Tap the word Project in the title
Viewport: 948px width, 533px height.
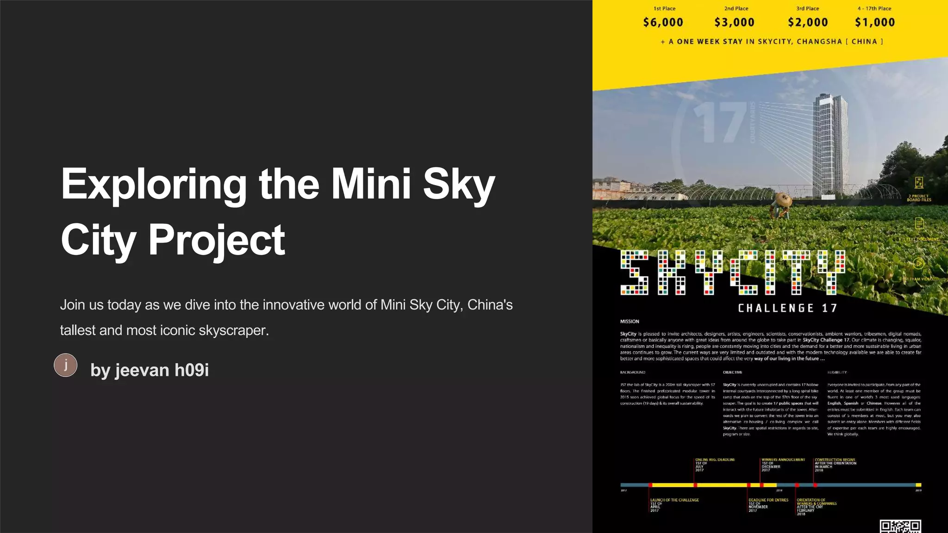pyautogui.click(x=216, y=240)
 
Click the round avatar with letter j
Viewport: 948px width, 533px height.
pyautogui.click(x=66, y=365)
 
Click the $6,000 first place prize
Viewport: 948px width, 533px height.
pyautogui.click(x=663, y=22)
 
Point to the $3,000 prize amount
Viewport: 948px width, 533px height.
pyautogui.click(x=735, y=22)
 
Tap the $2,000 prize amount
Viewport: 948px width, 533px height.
pyautogui.click(x=808, y=22)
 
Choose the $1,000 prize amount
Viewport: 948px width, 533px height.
pyautogui.click(x=875, y=22)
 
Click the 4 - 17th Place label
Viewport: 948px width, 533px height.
pyautogui.click(x=874, y=8)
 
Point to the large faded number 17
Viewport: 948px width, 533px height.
pyautogui.click(x=720, y=123)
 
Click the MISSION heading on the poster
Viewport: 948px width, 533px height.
pyautogui.click(x=630, y=322)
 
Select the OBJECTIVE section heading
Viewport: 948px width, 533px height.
pyautogui.click(x=732, y=372)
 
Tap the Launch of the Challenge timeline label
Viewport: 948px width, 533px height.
pyautogui.click(x=674, y=500)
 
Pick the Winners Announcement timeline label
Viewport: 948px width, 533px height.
pyautogui.click(x=783, y=460)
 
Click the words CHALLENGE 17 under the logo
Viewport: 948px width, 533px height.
pyautogui.click(x=787, y=308)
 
